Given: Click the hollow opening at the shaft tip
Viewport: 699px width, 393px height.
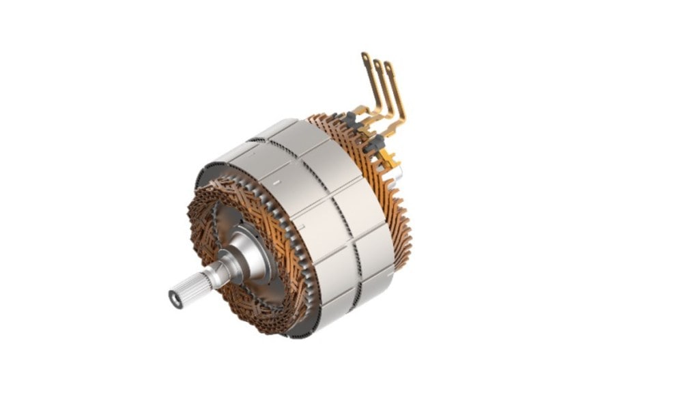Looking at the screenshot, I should pos(175,300).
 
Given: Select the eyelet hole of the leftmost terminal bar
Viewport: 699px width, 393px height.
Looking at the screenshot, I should pos(365,57).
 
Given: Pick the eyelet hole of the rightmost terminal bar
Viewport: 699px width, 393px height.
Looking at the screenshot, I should pos(388,68).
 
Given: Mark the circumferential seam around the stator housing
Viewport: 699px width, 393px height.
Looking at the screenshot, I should pos(321,205).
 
